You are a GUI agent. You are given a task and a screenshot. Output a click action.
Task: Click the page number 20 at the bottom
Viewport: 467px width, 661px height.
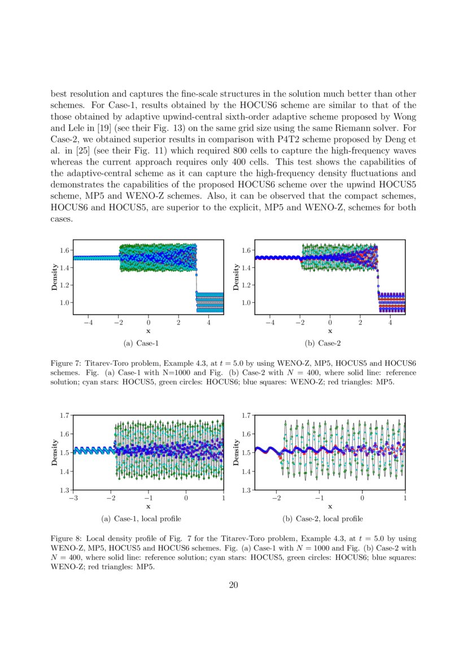[233, 585]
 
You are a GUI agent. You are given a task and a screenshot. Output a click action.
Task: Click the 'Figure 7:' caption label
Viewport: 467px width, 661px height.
[66, 362]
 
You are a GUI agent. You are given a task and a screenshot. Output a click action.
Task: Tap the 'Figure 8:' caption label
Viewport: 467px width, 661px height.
[66, 539]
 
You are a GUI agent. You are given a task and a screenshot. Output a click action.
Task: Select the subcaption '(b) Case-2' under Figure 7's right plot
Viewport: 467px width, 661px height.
[322, 343]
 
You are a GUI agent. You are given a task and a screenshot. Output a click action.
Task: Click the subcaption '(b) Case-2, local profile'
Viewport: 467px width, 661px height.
[322, 519]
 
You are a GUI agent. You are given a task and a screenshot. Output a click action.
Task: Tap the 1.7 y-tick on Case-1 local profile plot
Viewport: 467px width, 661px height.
[65, 415]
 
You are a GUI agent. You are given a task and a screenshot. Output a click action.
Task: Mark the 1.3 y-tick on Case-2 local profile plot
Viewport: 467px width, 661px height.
[247, 490]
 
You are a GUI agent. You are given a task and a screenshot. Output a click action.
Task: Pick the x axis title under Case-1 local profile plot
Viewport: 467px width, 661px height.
[148, 507]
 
